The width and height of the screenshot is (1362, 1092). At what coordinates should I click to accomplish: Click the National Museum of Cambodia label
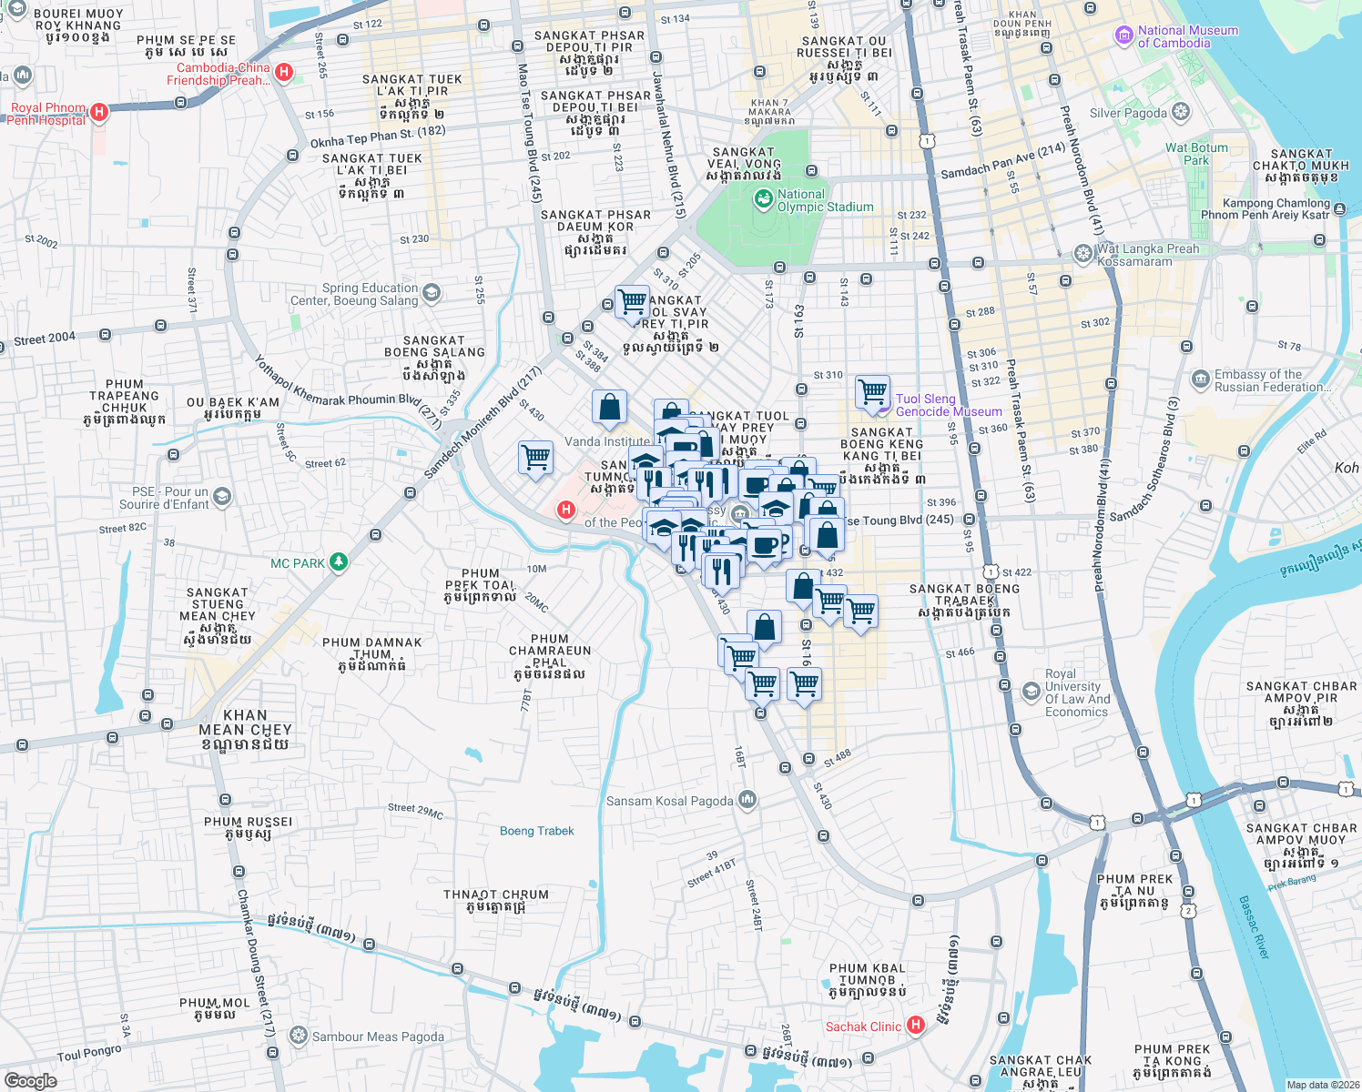[1187, 36]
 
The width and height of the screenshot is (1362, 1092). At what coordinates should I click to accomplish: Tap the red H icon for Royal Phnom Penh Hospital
[99, 113]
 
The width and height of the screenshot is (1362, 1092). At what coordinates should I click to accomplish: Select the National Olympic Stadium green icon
[762, 198]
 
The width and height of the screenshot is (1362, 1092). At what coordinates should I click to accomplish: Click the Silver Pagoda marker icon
[1181, 113]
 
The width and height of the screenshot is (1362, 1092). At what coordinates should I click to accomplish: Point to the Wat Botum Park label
[1196, 154]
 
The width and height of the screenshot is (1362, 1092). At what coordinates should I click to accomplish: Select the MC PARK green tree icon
[339, 562]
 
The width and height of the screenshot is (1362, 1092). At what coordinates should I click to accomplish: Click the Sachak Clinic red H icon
[916, 1026]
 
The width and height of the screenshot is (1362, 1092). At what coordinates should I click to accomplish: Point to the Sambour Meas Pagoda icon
[297, 1036]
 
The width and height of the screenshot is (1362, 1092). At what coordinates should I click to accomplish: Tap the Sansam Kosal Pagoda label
[669, 801]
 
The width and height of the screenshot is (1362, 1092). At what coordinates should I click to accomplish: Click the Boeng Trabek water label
[536, 831]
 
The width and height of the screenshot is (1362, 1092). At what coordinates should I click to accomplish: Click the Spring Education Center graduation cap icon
[432, 292]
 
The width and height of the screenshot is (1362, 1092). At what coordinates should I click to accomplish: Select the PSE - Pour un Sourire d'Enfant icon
[222, 496]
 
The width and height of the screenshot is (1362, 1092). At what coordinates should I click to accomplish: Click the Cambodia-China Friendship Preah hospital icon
[284, 73]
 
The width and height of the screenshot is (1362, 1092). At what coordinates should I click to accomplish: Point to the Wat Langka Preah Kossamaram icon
[1082, 254]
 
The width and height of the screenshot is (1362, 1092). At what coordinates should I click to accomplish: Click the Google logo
[31, 1080]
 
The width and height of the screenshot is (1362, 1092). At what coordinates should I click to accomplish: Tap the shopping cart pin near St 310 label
[872, 392]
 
